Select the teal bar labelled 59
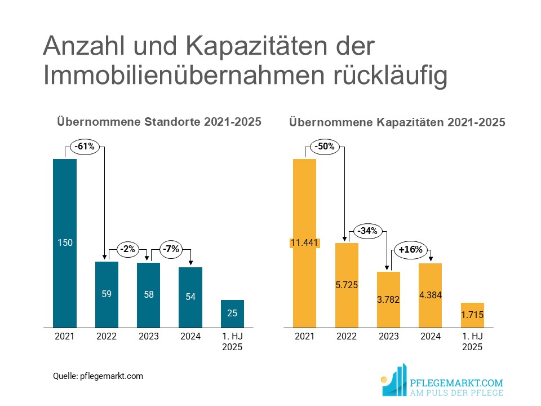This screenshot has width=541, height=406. (x=107, y=294)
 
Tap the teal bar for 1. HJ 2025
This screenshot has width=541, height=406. (x=232, y=314)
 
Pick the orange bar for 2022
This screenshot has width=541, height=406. (x=347, y=285)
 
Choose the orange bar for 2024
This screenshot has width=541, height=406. (x=430, y=295)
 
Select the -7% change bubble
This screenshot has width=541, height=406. (x=170, y=249)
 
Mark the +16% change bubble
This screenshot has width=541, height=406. (x=410, y=249)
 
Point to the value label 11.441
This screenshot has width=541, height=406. (x=305, y=243)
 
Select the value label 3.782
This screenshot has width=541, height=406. (x=388, y=299)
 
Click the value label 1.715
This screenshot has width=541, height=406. (x=472, y=315)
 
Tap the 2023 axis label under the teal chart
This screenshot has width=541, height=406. (x=148, y=336)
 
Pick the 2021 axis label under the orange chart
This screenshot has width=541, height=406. (x=305, y=336)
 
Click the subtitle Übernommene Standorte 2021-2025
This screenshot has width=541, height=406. (x=158, y=121)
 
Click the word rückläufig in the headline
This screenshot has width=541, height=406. (x=383, y=77)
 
